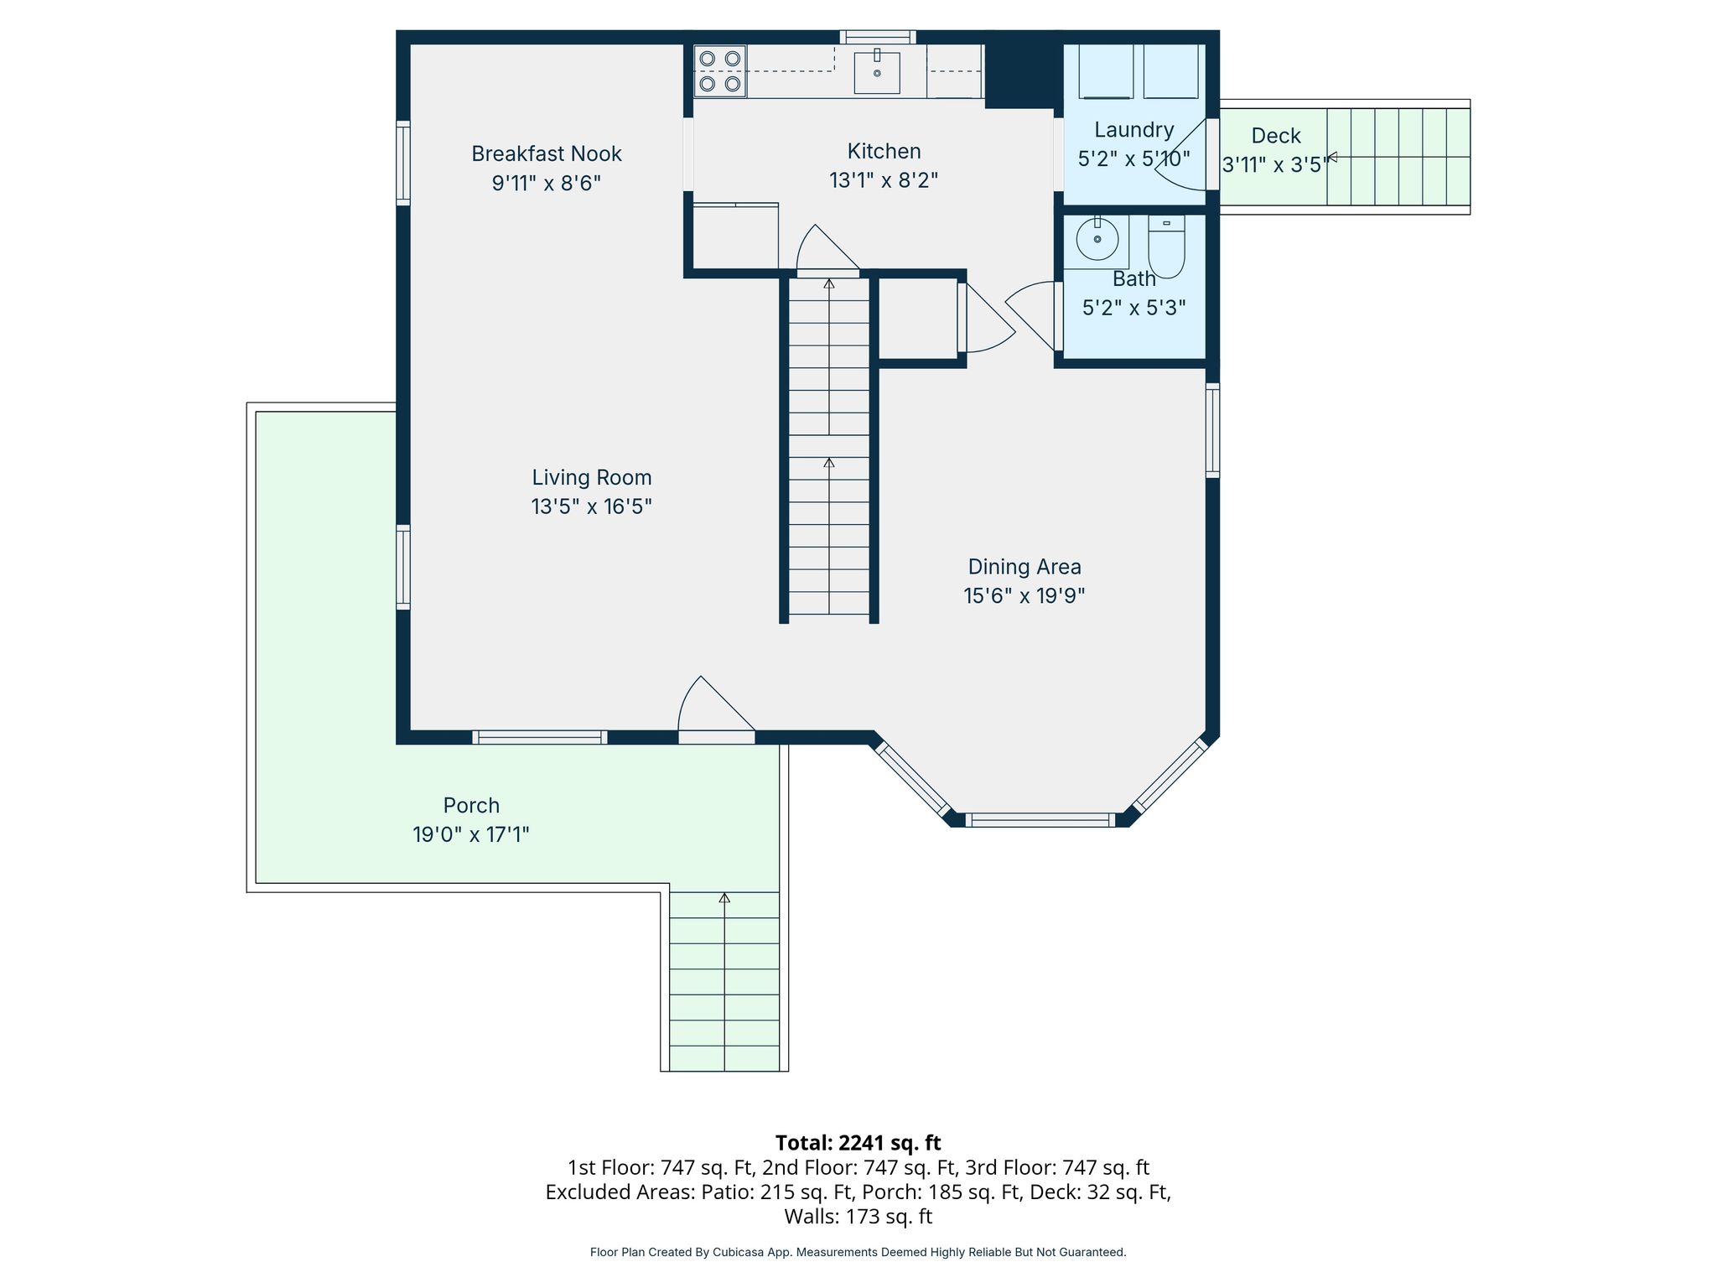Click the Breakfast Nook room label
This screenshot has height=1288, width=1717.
(547, 153)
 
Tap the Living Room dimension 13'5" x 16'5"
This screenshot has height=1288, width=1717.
(591, 506)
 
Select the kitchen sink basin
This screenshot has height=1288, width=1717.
(877, 72)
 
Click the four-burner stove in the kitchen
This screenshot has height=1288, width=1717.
(720, 71)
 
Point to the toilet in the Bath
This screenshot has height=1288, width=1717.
(1166, 247)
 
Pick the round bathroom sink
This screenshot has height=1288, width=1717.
(1097, 241)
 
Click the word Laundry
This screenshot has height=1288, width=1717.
(1133, 130)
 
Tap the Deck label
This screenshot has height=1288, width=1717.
(1276, 136)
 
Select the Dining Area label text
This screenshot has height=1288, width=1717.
(1024, 567)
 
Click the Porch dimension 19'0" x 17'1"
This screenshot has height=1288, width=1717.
(470, 834)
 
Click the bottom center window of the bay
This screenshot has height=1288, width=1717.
(1040, 820)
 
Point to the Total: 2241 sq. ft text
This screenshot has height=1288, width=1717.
(858, 1143)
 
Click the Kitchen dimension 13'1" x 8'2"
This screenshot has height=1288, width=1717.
(884, 180)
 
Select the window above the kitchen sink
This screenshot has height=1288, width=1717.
(878, 37)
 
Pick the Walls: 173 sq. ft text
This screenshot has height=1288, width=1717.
(858, 1216)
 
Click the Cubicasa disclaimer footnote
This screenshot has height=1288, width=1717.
(858, 1252)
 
